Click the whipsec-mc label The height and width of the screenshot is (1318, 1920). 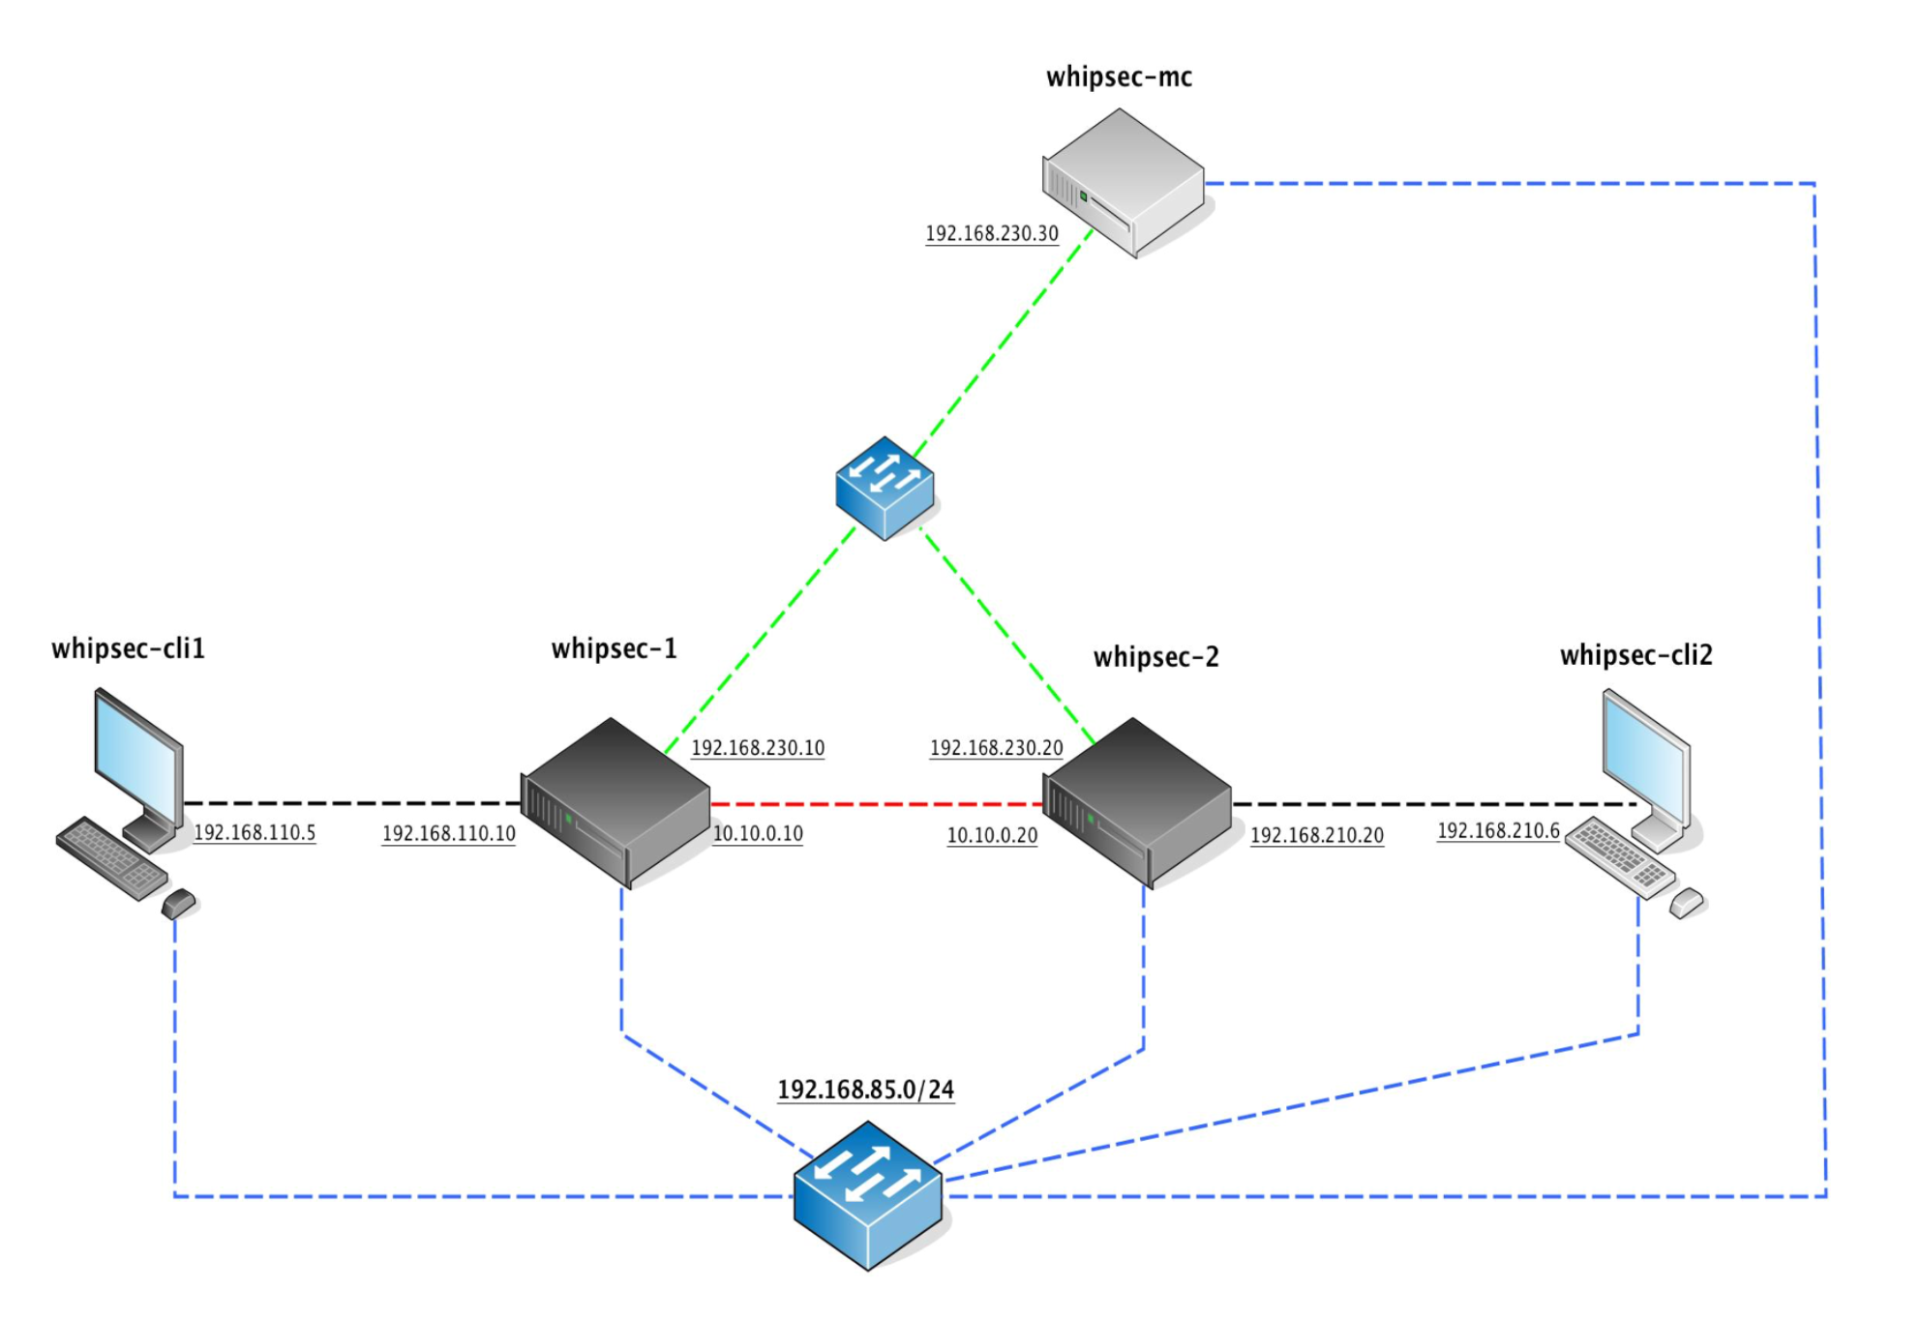pos(1119,76)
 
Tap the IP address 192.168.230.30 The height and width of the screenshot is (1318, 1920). pos(992,233)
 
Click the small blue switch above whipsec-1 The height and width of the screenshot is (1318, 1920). pos(885,487)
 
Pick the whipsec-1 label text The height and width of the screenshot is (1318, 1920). pos(614,648)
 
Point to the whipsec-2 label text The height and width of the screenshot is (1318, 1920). pos(1155,657)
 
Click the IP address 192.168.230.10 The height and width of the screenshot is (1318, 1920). pos(758,748)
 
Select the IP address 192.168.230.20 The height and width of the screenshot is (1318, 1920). pos(996,748)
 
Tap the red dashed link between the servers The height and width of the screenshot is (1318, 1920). pos(876,804)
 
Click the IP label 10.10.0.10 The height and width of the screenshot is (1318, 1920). pos(758,833)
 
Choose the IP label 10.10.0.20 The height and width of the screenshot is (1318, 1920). pos(992,835)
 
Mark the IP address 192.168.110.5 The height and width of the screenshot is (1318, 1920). pos(255,832)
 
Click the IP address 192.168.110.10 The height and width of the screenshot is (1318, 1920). pos(448,833)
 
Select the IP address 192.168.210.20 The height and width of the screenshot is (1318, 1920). pos(1316,835)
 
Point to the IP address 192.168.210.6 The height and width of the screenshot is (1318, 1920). pos(1498,830)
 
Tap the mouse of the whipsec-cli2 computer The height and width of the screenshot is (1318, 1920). pos(1687,903)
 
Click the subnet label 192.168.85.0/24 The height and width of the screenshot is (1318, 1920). pos(865,1090)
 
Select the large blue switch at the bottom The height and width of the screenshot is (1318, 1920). pos(868,1195)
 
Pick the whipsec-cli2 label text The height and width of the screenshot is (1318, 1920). pos(1635,655)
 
